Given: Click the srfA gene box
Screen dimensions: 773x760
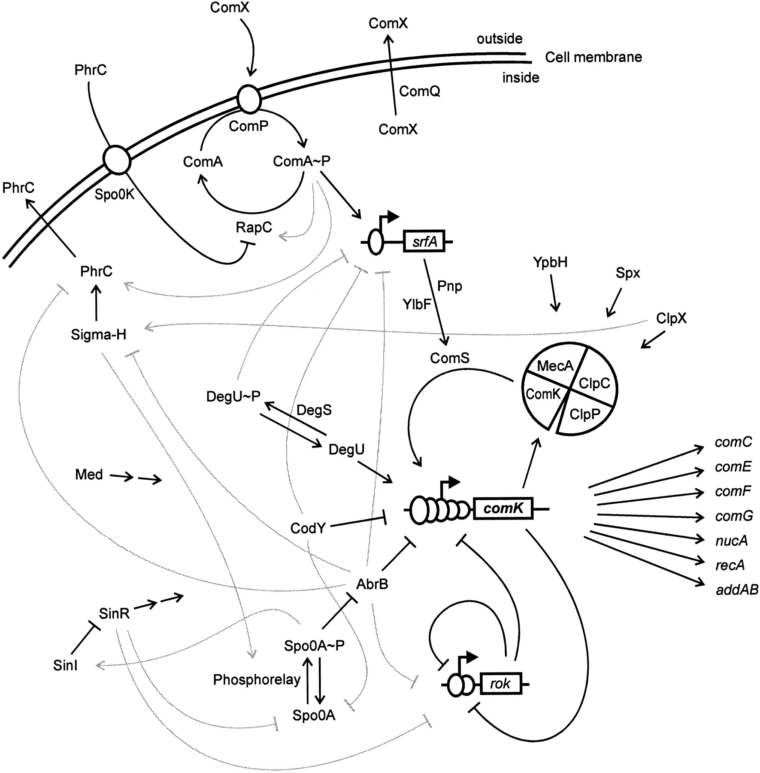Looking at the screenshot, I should [424, 242].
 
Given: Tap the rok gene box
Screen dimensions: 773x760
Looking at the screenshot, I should [500, 683].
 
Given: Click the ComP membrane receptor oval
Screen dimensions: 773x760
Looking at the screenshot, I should [249, 99].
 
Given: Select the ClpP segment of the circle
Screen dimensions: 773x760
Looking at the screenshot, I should [584, 414].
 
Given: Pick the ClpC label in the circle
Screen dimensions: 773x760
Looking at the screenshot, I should [594, 383].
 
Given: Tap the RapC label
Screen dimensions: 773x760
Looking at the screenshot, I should [254, 227].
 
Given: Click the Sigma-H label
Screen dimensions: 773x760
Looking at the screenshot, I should [99, 335].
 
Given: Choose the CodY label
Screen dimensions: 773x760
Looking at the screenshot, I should [308, 528].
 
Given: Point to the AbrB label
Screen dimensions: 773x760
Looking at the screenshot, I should [372, 584].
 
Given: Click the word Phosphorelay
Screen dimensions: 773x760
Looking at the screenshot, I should [257, 679].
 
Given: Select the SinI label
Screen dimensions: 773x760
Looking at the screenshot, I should [65, 665].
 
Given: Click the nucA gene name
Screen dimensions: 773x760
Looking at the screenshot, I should [731, 540].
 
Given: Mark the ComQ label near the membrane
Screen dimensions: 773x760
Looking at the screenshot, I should [419, 91].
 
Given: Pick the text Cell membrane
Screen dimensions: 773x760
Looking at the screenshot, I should [593, 57].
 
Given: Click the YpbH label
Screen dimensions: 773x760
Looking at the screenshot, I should [550, 262].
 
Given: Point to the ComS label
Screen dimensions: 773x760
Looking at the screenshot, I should [450, 358].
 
